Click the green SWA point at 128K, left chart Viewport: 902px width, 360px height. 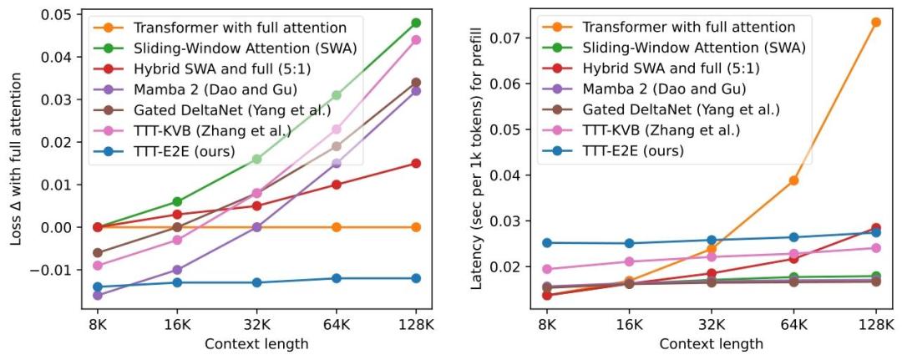pyautogui.click(x=416, y=23)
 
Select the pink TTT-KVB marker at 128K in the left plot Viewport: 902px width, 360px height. pyautogui.click(x=416, y=39)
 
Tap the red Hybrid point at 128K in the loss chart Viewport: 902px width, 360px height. pyautogui.click(x=416, y=163)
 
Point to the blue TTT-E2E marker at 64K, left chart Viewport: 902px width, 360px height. pyautogui.click(x=337, y=278)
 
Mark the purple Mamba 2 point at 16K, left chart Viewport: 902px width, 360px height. pyautogui.click(x=177, y=270)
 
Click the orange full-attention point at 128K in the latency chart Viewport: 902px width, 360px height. pyautogui.click(x=875, y=23)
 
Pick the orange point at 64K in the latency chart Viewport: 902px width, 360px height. pyautogui.click(x=794, y=180)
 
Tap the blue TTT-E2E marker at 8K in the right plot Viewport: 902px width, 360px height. pyautogui.click(x=547, y=243)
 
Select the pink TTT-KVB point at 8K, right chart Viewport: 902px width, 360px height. pyautogui.click(x=547, y=269)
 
